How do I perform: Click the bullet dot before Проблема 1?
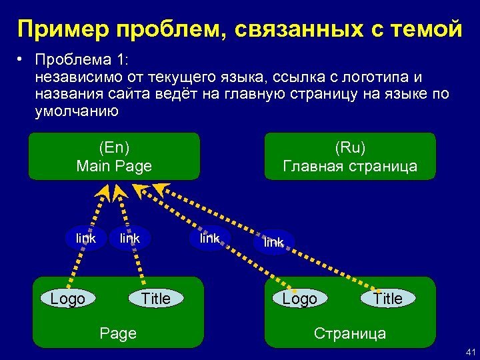(21, 61)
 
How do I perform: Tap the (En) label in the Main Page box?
(114, 147)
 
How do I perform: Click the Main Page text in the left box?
(114, 166)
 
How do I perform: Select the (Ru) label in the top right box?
(350, 147)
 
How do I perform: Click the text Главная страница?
(350, 166)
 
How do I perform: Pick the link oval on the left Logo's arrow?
(86, 239)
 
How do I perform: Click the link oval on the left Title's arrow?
(129, 239)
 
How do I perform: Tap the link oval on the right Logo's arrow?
(209, 239)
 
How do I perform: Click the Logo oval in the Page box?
(68, 299)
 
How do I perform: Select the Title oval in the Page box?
(155, 299)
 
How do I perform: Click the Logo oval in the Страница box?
(299, 299)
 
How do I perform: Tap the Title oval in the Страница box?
(387, 299)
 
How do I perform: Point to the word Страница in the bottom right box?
(350, 333)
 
